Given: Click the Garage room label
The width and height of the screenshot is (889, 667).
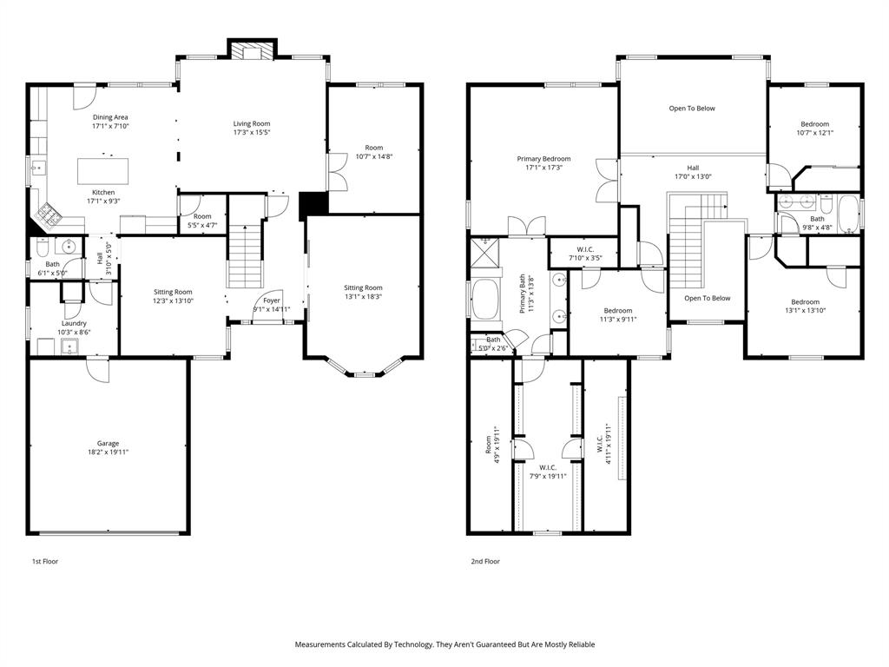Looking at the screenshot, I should [108, 443].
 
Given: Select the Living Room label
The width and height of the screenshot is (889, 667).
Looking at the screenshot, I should [252, 123].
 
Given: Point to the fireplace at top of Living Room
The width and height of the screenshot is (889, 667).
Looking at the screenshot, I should [252, 51].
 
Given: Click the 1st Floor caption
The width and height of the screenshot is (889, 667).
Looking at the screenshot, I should [45, 561].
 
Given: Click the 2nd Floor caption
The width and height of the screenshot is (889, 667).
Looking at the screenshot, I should [485, 561].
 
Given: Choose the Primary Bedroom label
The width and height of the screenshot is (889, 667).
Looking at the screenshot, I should [543, 159].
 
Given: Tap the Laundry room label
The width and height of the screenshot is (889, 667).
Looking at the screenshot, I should [74, 323].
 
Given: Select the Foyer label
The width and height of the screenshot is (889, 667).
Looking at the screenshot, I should [272, 300].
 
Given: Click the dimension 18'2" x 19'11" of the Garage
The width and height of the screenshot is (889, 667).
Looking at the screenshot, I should [108, 452].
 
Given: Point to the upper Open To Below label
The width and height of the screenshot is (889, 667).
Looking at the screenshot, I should [692, 109].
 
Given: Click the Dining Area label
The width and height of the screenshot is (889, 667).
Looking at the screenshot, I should [110, 117].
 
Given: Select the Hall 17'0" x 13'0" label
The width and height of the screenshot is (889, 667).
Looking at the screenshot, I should [693, 172].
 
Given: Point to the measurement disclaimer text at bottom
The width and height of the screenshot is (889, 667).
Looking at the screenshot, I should [444, 644].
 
